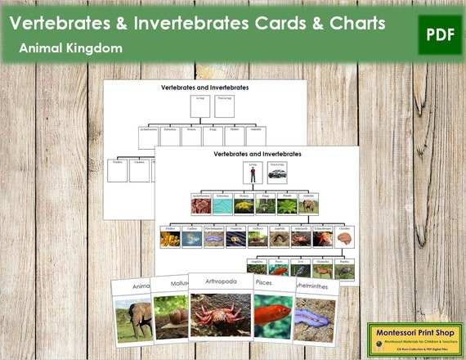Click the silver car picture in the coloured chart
[277, 173]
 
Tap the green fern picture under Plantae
[287, 207]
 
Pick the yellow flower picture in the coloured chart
[240, 207]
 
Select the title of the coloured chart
[258, 154]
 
